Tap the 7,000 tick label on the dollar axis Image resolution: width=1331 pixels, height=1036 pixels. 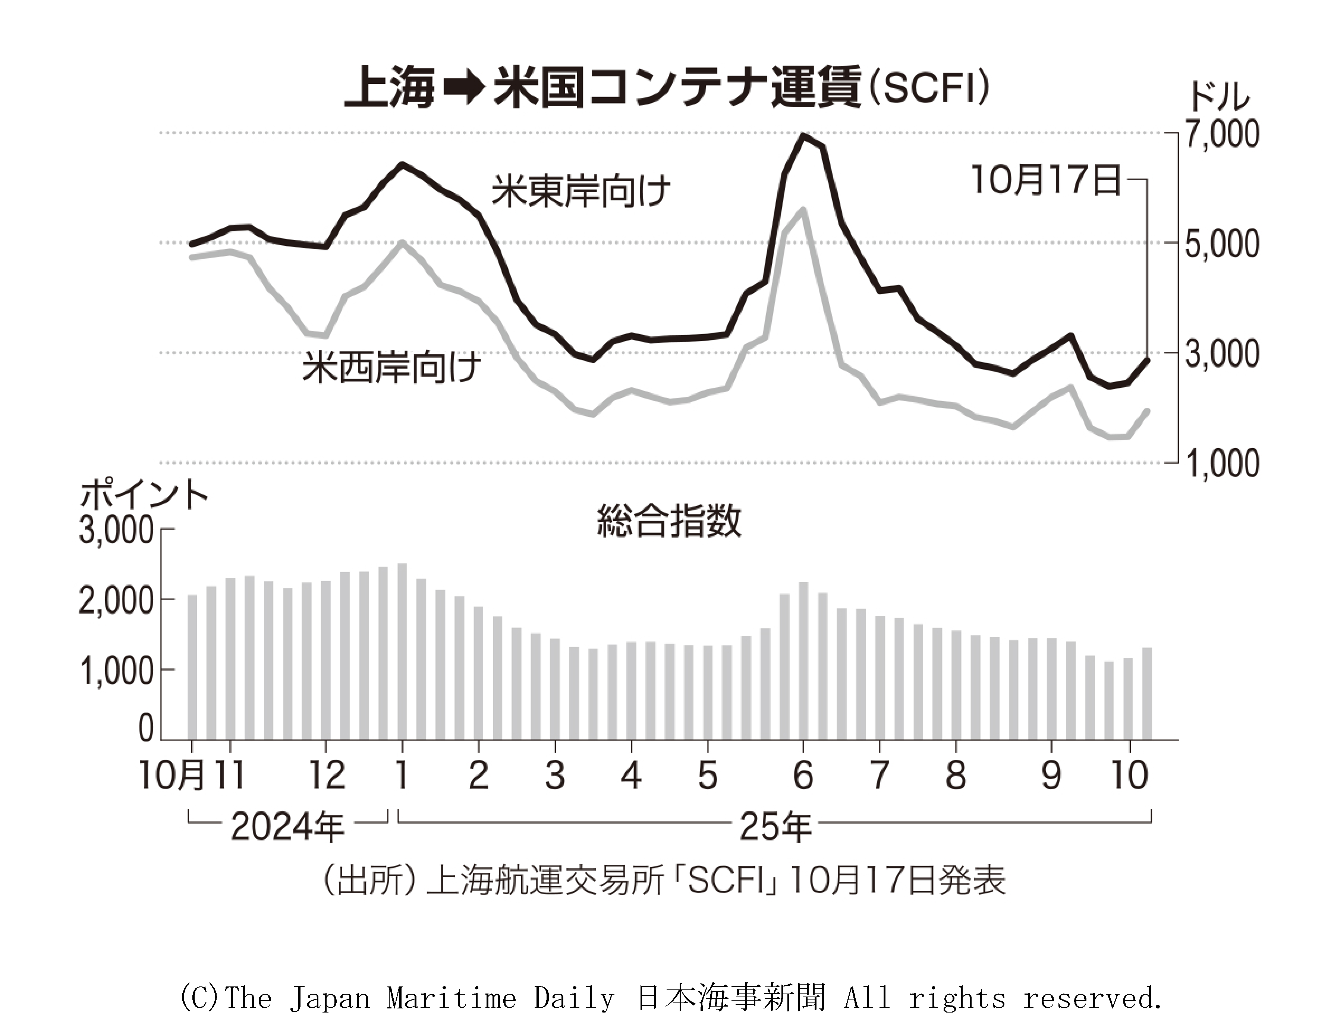[1221, 134]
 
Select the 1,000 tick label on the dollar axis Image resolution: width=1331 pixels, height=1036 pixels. [1221, 464]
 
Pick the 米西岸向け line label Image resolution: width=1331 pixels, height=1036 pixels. [392, 367]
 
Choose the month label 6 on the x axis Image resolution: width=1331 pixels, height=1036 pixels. [803, 775]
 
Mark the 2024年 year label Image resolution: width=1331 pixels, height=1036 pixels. [287, 827]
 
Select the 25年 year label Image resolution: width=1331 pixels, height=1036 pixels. [775, 827]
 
